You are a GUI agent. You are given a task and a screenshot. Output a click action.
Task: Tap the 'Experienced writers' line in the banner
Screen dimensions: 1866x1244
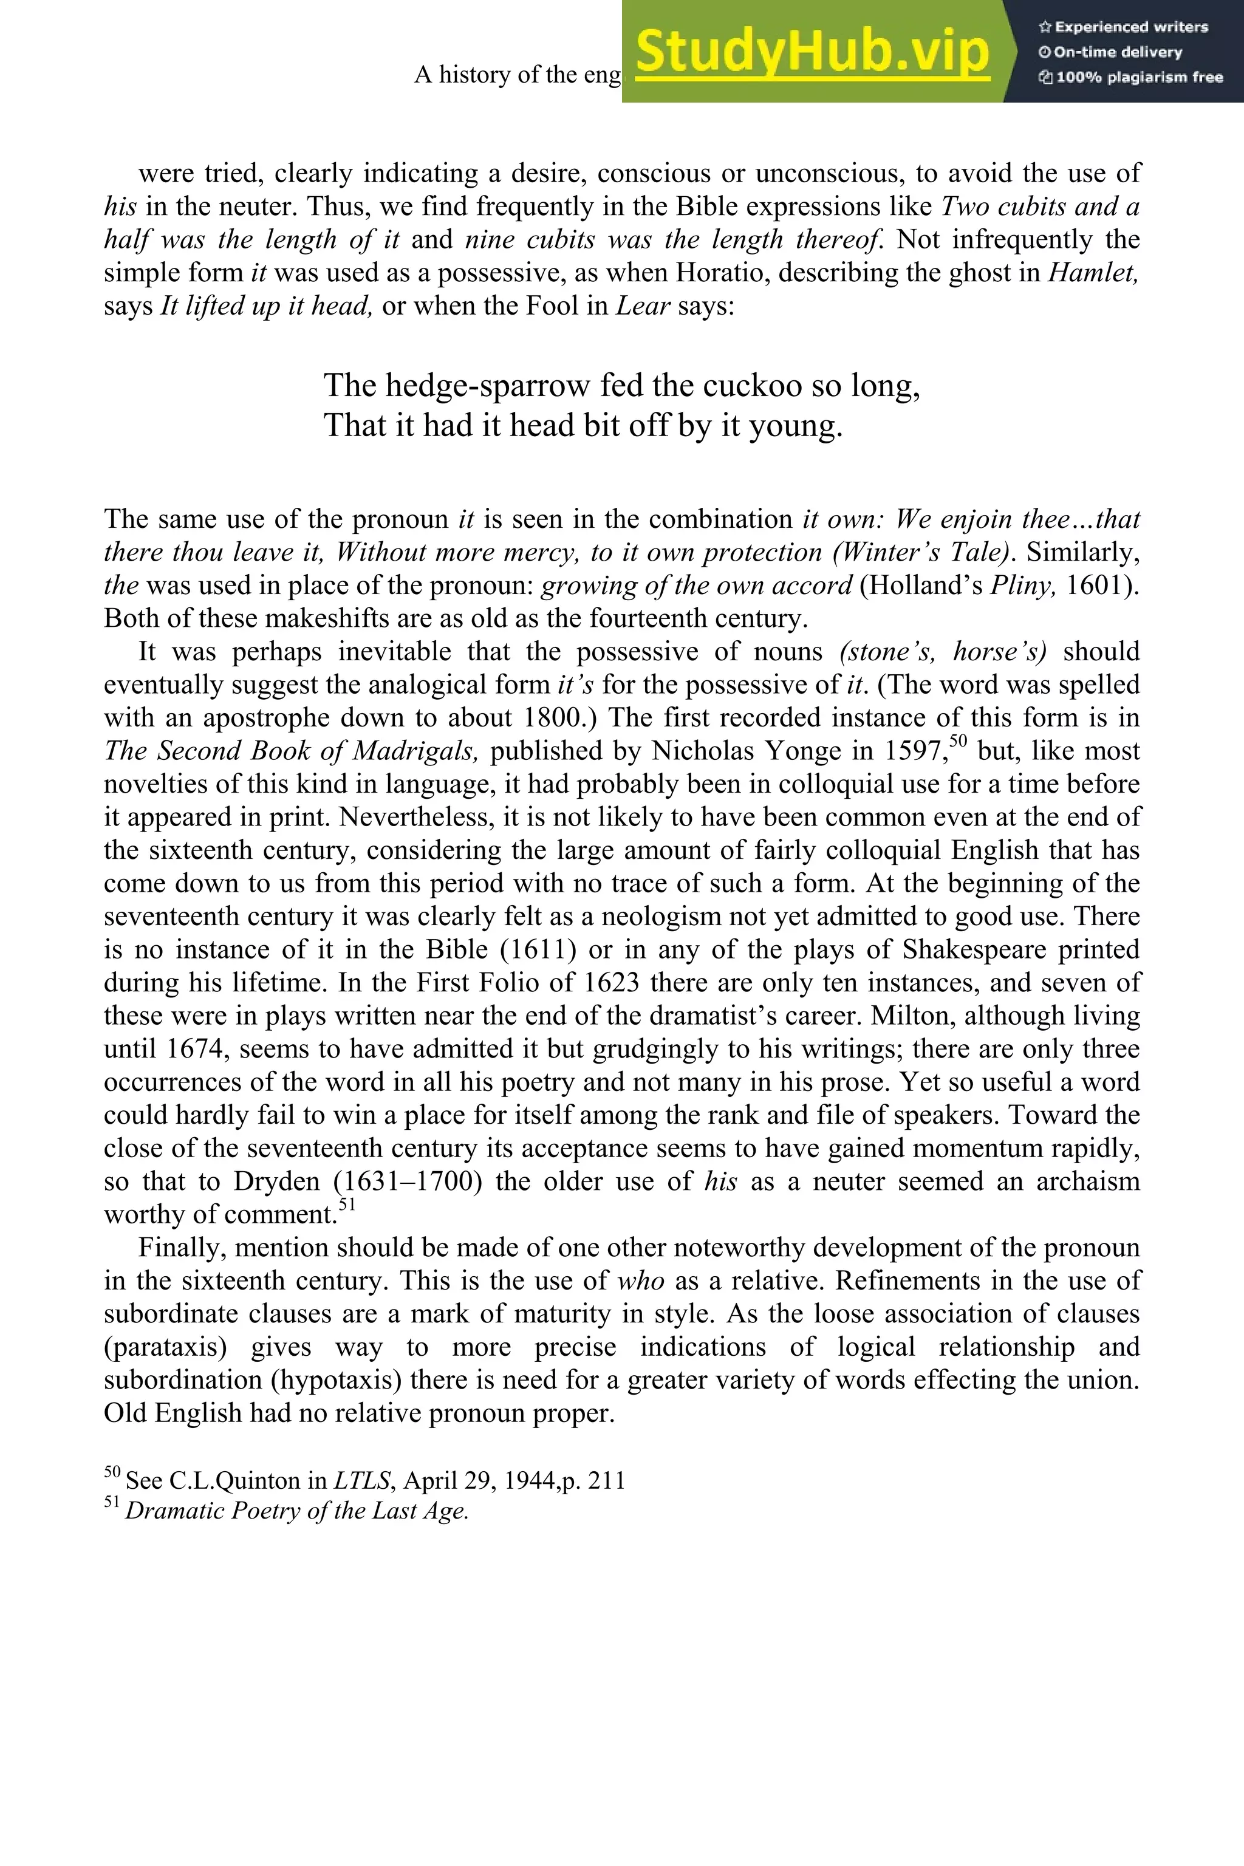coord(1123,27)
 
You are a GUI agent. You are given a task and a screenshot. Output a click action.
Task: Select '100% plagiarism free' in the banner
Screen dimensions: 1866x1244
coord(1130,78)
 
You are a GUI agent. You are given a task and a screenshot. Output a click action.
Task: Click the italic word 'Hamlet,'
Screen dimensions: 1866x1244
coord(1093,273)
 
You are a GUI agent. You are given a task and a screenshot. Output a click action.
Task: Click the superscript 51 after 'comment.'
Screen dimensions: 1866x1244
coord(347,1205)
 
